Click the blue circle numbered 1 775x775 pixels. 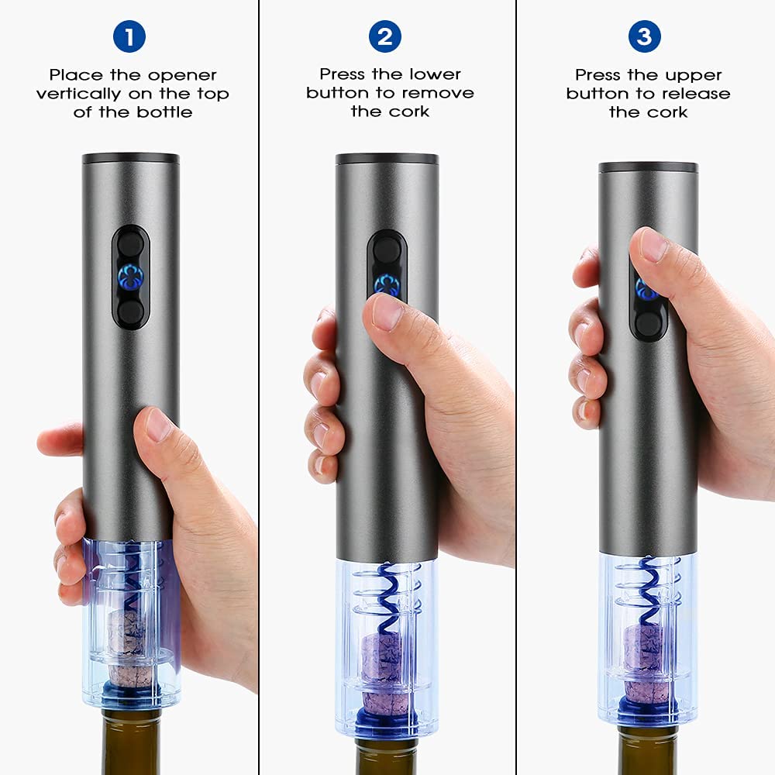point(129,36)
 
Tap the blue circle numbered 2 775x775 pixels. point(385,36)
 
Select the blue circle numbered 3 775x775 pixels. point(645,36)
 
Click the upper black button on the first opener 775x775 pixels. point(131,244)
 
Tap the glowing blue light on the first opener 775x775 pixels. point(131,277)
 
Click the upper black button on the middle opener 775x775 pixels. point(387,249)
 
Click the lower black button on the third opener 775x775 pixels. point(649,324)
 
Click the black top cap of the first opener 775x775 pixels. point(131,159)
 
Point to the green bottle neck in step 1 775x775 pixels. point(132,742)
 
